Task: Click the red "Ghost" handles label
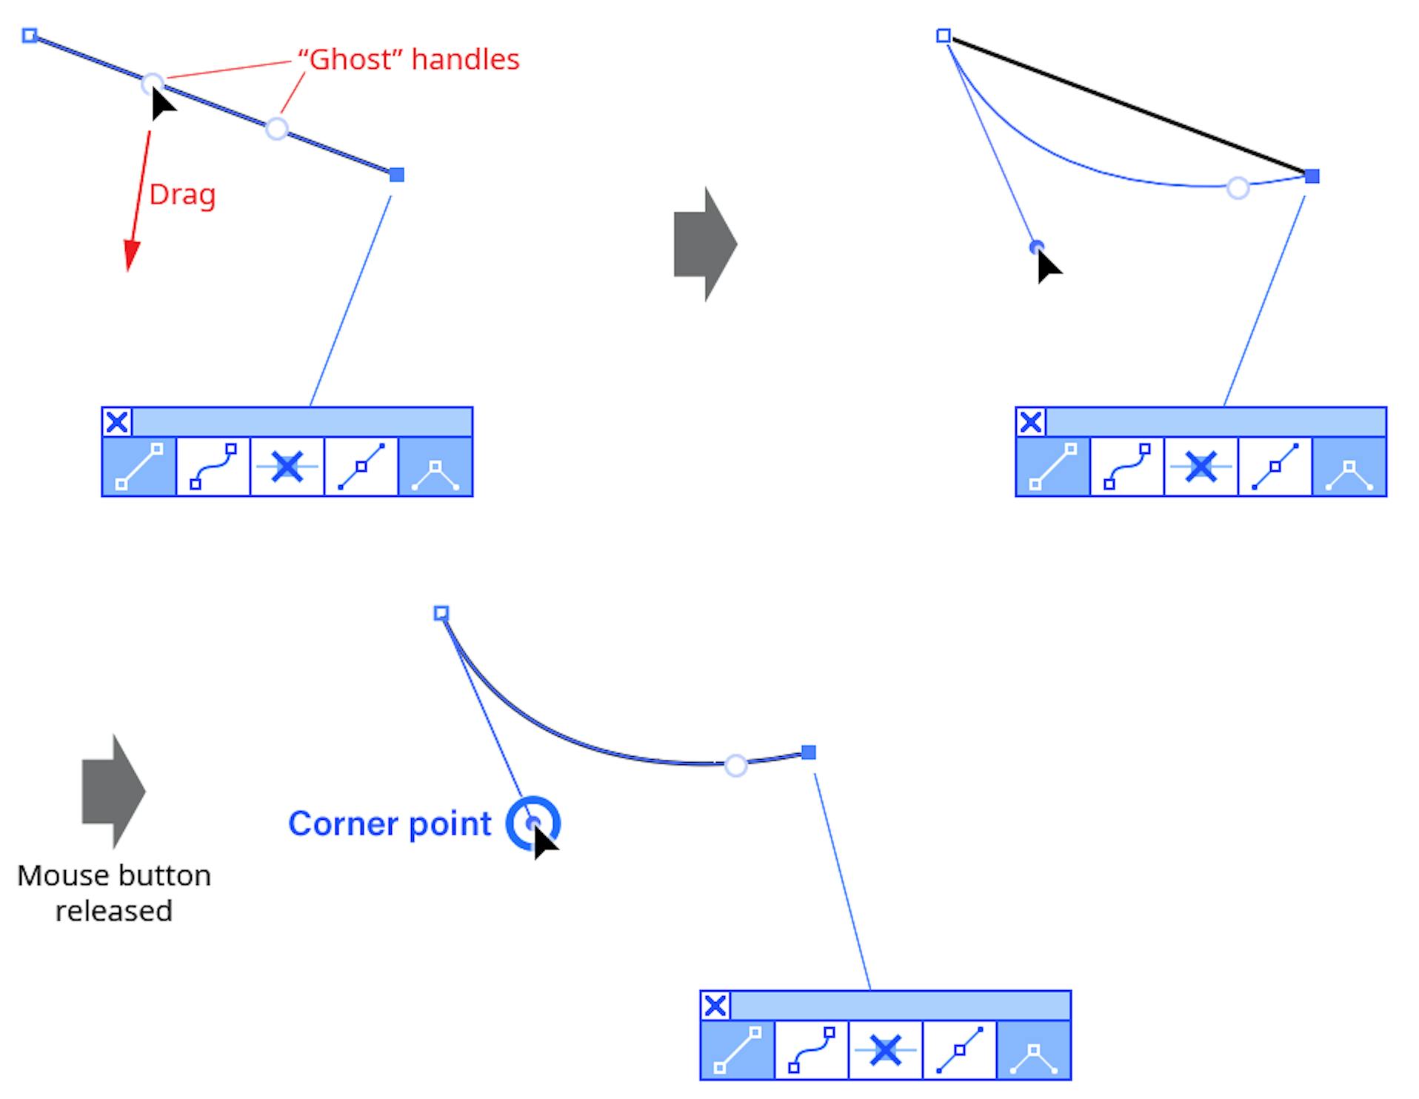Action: point(408,59)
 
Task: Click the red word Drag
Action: point(182,195)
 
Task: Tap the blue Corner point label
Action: point(390,824)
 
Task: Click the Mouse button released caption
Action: point(114,892)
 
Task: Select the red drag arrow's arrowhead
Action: point(131,256)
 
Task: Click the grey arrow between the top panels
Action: point(704,244)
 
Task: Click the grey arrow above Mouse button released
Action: point(113,791)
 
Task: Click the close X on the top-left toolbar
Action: point(117,422)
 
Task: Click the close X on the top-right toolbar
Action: point(1031,422)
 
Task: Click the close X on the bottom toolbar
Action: point(715,1006)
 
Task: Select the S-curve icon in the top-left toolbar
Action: point(213,467)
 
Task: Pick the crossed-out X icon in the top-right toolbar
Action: point(1201,467)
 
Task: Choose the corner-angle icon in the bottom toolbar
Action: point(1034,1050)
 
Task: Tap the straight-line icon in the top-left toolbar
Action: point(139,467)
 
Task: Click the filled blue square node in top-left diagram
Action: point(397,175)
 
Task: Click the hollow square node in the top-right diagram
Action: point(944,36)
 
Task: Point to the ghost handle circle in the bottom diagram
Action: point(735,765)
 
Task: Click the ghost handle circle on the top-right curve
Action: point(1238,188)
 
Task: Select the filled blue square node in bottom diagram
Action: point(809,752)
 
